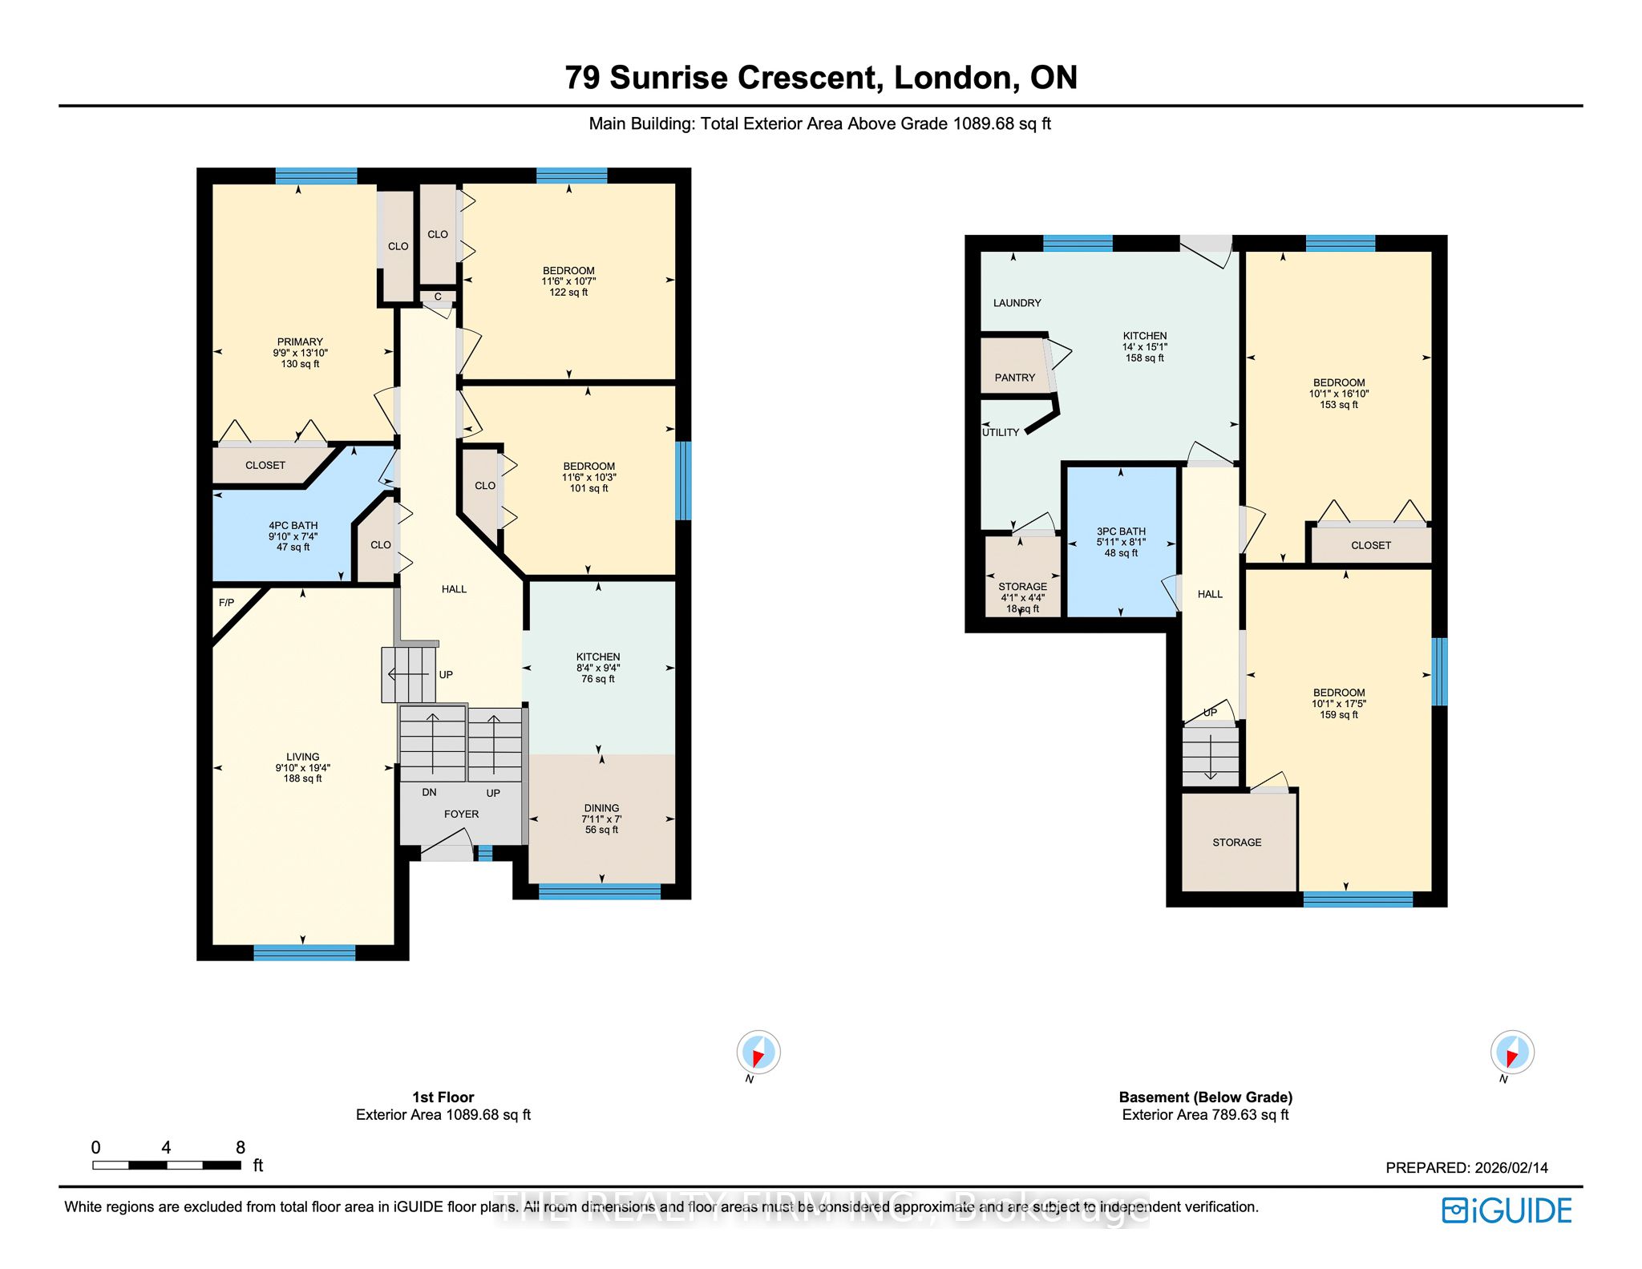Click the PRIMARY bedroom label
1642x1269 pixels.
pos(300,341)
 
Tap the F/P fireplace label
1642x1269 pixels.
pos(227,603)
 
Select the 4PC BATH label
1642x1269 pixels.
pos(293,526)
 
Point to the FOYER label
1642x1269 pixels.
pos(461,814)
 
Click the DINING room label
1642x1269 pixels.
pos(601,808)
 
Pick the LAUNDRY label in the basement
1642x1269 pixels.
pos(1017,303)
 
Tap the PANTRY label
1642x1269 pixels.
pos(1014,378)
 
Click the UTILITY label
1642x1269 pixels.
pos(1001,432)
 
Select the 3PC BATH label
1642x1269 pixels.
pos(1121,531)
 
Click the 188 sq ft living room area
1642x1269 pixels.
pos(302,778)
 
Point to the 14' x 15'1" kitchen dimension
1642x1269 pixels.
pos(1144,347)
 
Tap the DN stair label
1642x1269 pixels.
pos(429,792)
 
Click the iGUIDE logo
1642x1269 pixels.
pos(1507,1210)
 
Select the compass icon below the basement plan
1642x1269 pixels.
pos(1512,1052)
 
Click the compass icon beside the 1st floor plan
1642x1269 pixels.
pos(758,1052)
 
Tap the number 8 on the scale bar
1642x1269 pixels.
pos(241,1147)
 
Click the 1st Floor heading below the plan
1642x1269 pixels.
pos(443,1097)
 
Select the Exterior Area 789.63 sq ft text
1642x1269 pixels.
pos(1205,1115)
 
